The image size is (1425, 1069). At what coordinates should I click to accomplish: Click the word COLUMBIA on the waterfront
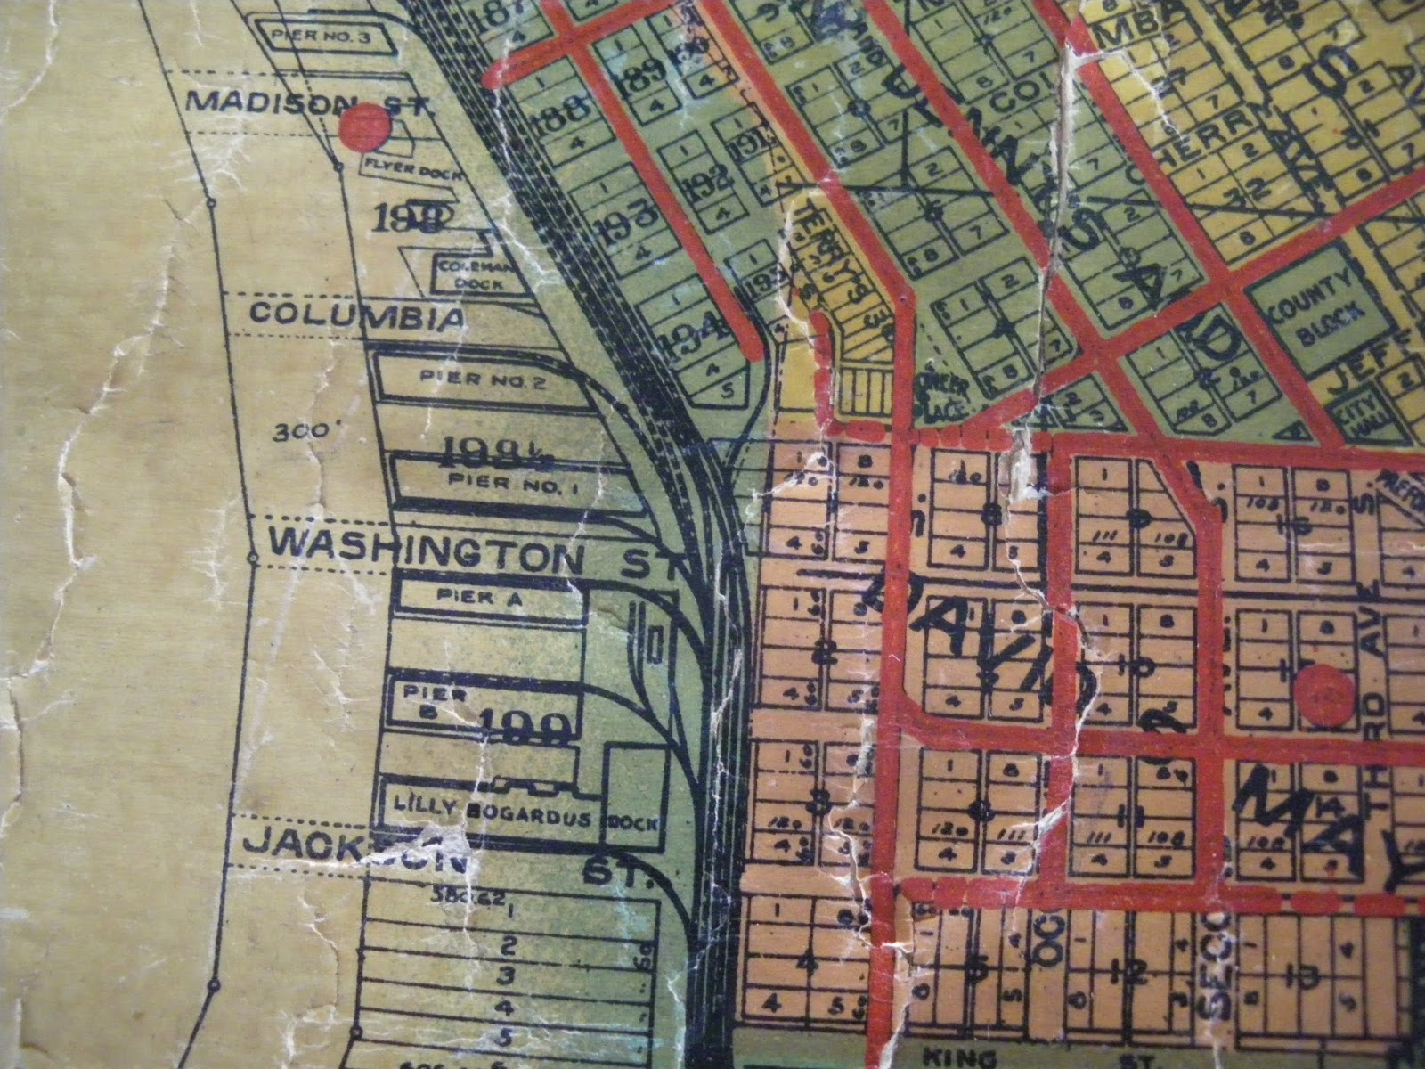356,315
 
